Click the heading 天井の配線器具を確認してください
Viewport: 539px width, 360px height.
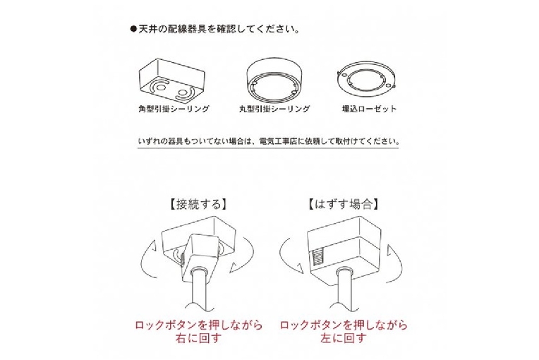click(219, 29)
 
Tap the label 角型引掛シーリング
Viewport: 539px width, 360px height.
click(174, 109)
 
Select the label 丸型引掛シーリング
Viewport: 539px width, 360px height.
click(274, 109)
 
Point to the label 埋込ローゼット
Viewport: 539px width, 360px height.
click(370, 109)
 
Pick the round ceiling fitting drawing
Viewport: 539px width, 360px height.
click(274, 80)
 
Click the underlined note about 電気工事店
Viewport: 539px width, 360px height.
click(269, 141)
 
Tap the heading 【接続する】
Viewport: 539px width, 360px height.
click(198, 204)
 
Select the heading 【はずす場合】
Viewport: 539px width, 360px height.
click(344, 204)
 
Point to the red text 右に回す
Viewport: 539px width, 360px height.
click(198, 338)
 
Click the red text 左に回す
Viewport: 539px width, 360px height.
click(343, 338)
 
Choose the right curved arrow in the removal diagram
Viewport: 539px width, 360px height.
click(399, 265)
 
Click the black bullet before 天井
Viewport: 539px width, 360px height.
click(133, 29)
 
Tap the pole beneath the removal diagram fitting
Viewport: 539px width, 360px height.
click(344, 289)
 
